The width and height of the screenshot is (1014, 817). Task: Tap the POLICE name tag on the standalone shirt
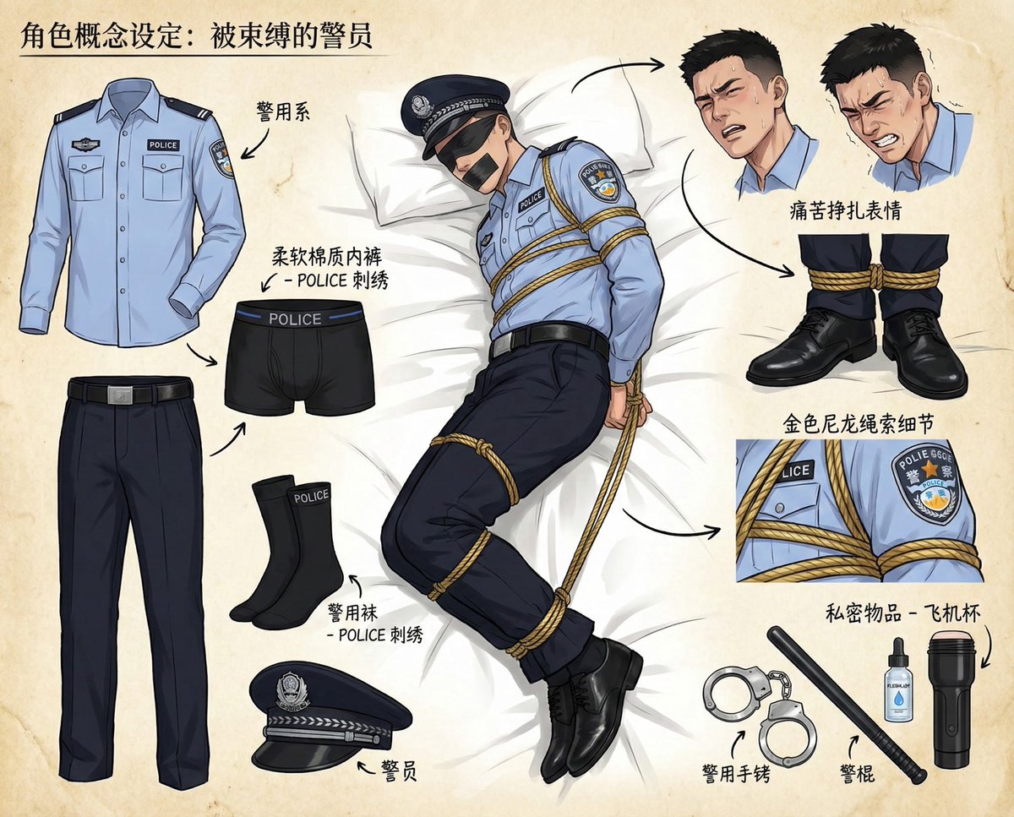click(x=163, y=144)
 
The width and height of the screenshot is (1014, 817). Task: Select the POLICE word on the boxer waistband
click(x=294, y=319)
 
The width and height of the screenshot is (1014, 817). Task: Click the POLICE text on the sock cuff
click(x=311, y=497)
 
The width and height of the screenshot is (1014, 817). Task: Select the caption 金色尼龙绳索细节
click(x=853, y=422)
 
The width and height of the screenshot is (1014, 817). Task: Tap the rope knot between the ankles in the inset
click(x=874, y=275)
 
